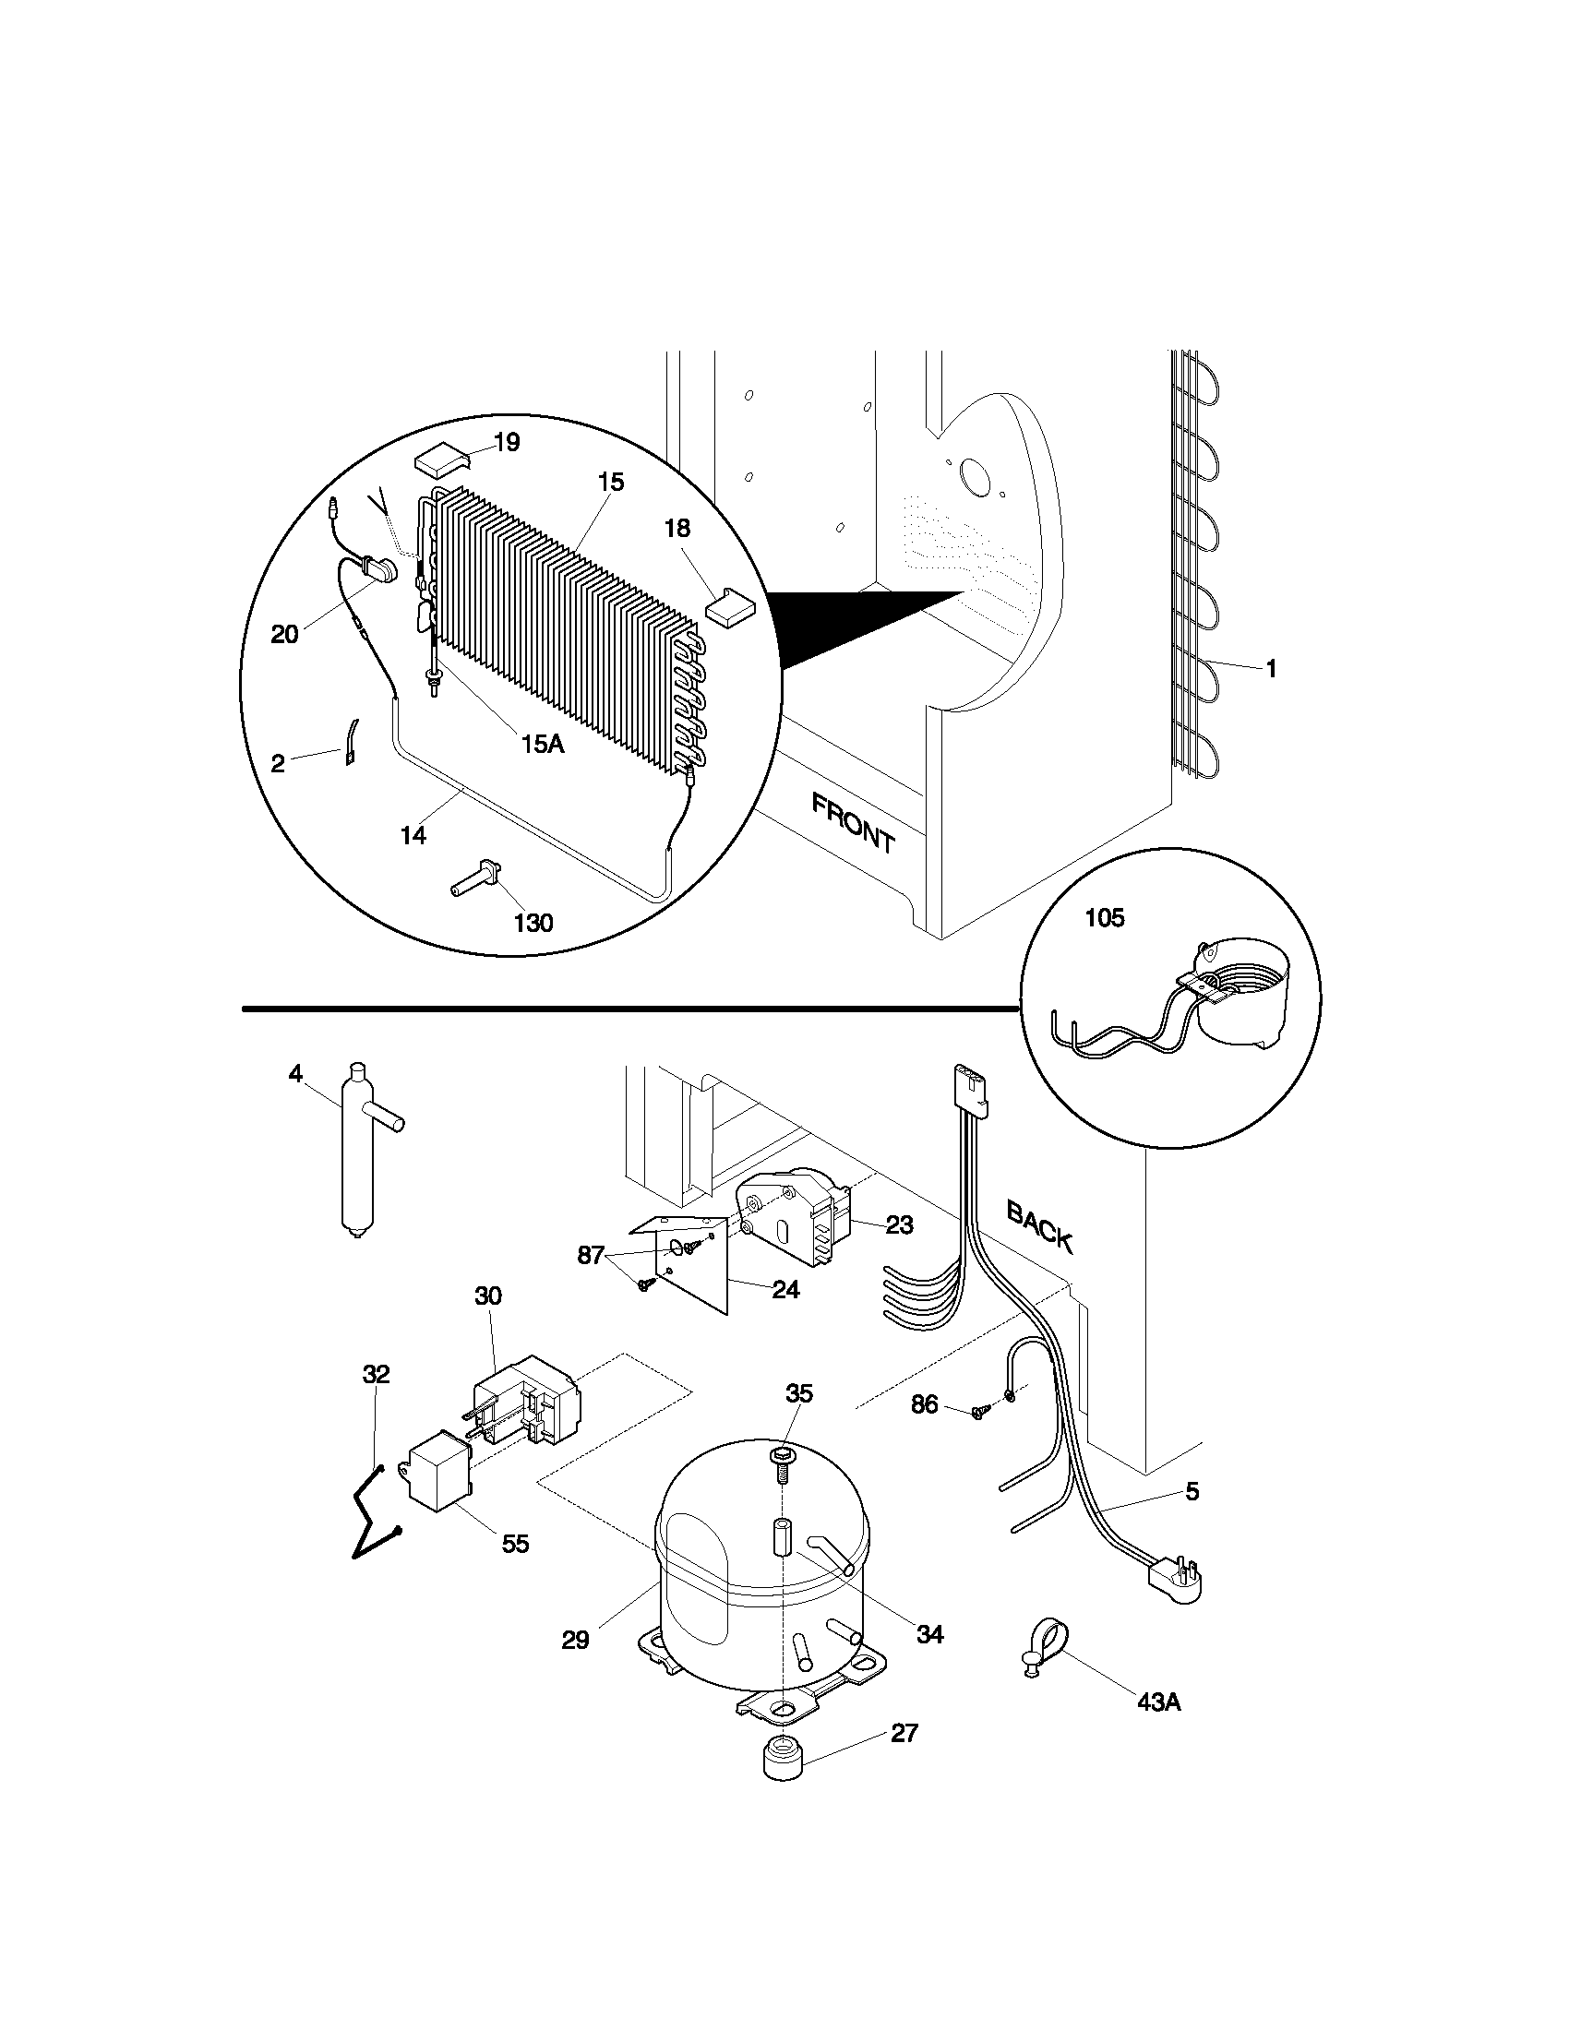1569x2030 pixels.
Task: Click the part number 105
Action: point(1104,918)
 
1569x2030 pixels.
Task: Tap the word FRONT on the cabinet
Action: point(853,823)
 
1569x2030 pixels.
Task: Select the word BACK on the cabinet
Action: point(1040,1226)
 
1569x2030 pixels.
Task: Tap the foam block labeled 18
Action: point(730,606)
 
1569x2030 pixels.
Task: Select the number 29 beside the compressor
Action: point(575,1641)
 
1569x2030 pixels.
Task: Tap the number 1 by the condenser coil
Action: point(1272,668)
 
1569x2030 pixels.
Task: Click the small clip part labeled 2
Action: point(353,742)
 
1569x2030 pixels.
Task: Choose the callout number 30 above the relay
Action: point(488,1296)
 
